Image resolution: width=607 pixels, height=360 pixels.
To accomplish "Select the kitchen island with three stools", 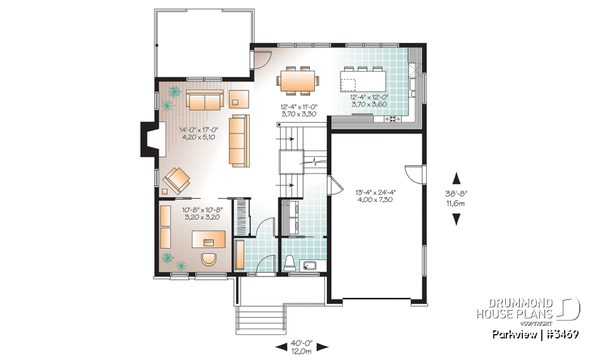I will tap(362, 81).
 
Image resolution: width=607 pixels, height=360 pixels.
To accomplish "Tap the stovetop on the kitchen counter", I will tap(391, 118).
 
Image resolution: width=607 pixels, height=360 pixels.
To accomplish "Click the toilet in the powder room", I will tap(290, 262).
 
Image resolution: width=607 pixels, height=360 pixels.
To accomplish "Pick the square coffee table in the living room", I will tap(239, 99).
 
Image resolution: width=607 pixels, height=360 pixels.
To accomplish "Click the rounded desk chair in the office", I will tap(208, 259).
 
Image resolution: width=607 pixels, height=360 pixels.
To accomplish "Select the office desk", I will tap(209, 239).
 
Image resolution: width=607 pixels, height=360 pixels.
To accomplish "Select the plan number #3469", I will tap(560, 333).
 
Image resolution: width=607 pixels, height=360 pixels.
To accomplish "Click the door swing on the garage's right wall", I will tap(412, 175).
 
